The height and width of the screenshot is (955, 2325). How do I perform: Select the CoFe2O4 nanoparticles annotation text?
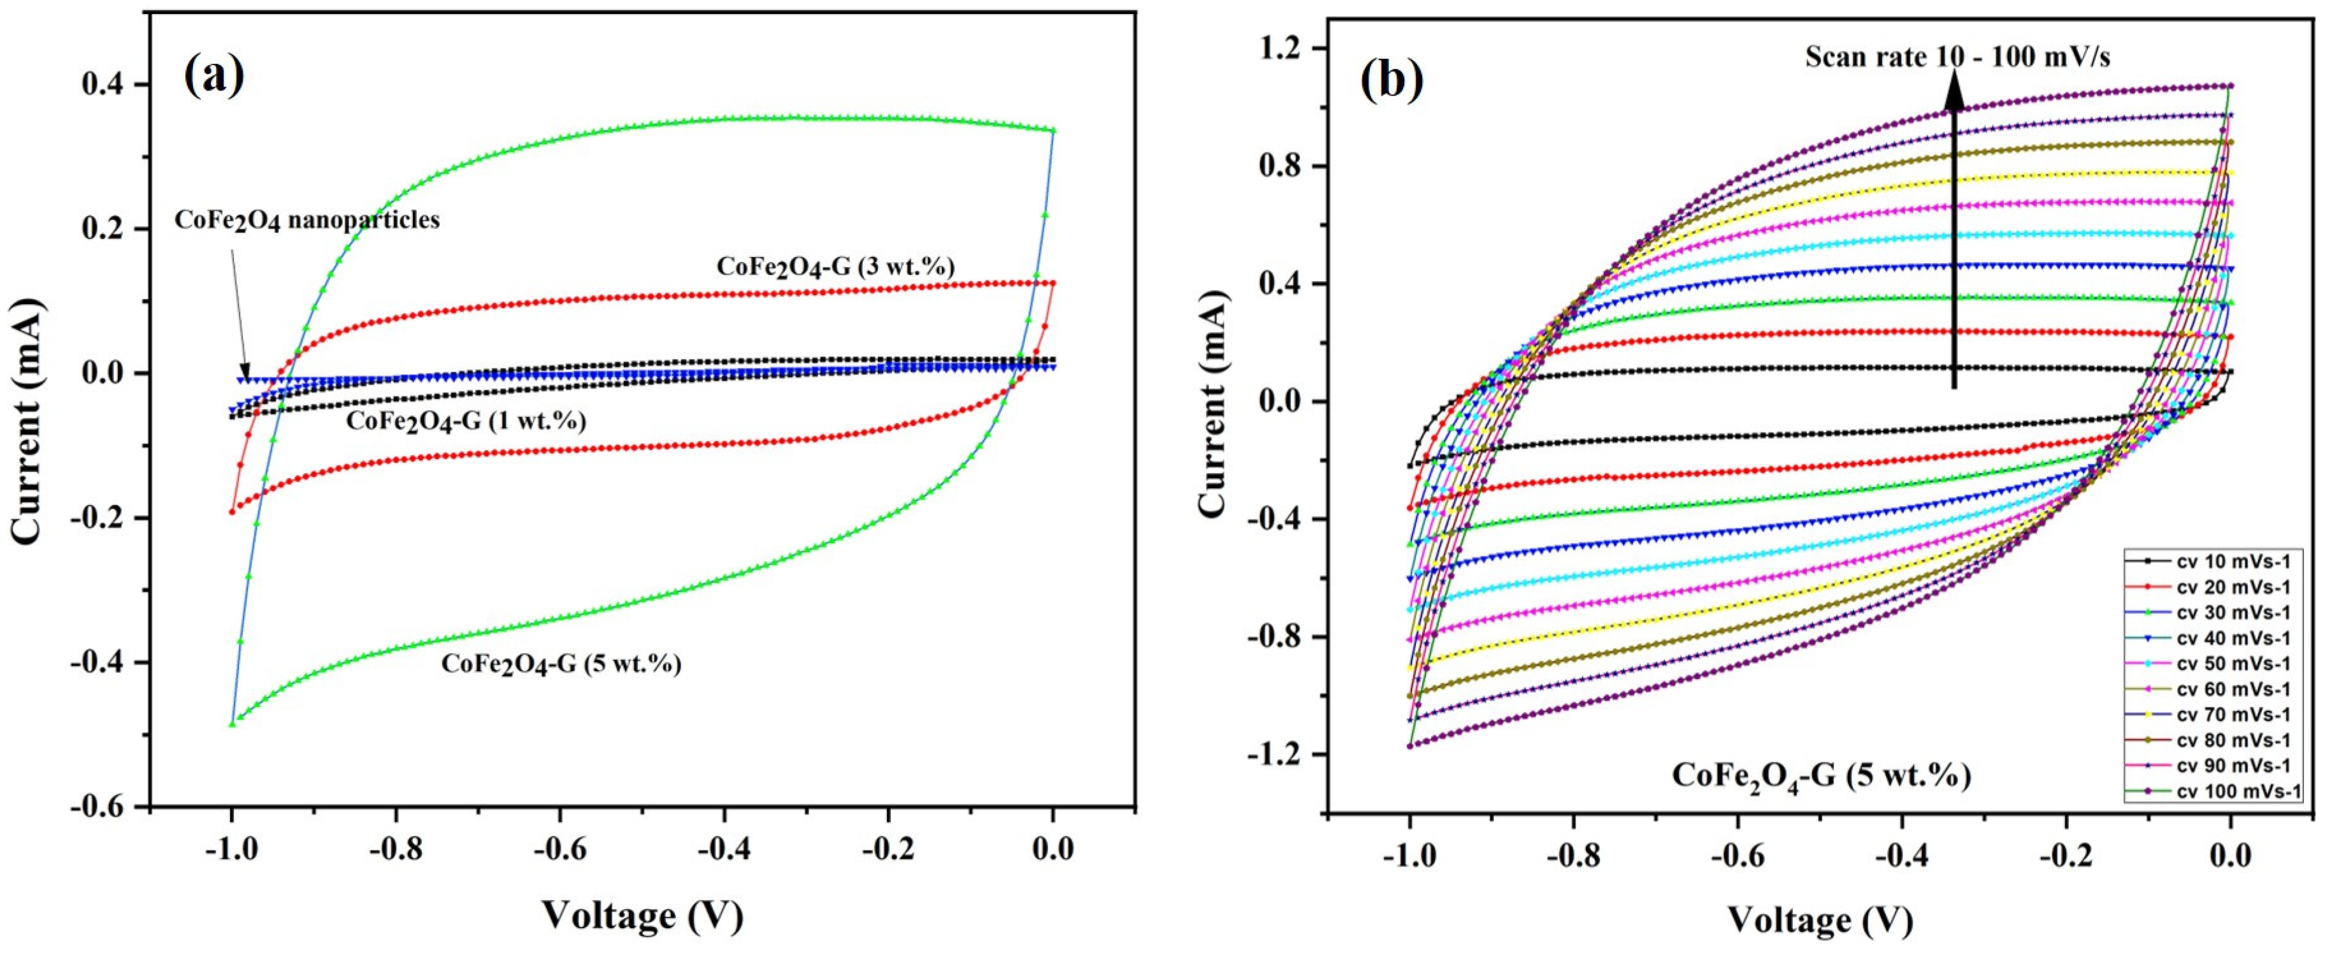(307, 220)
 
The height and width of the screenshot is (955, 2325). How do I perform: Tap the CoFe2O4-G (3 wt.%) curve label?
(835, 266)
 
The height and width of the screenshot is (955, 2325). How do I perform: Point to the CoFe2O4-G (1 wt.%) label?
(466, 421)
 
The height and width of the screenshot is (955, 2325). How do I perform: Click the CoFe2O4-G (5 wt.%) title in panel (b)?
(1820, 775)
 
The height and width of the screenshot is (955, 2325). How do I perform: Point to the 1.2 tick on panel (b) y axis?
(1283, 48)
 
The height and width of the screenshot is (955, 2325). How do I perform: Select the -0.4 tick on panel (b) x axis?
(1902, 855)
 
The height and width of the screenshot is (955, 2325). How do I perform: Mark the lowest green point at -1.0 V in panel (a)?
(232, 723)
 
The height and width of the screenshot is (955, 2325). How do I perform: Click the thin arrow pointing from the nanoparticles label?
(238, 307)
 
